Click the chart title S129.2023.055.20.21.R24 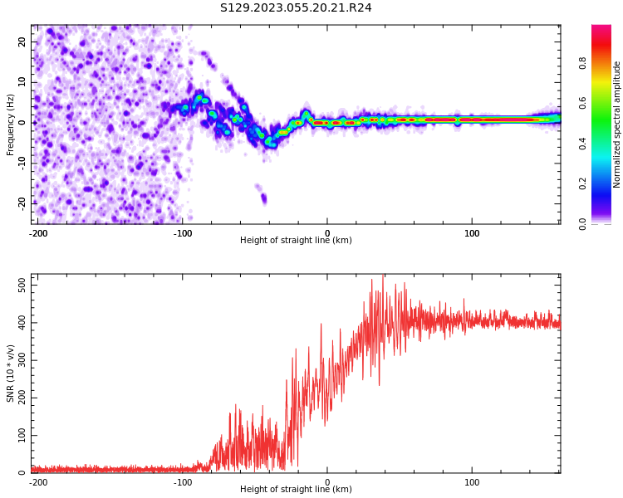(296, 7)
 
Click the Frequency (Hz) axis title (11, 124)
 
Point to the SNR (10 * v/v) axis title (11, 373)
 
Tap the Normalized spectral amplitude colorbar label (617, 124)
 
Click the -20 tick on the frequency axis (21, 203)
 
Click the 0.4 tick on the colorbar (582, 143)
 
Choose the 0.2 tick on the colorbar (582, 183)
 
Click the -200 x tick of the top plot (38, 233)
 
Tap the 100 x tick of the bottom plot (472, 482)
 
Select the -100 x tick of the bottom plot (182, 482)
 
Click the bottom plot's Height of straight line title (296, 490)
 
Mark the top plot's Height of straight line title (296, 241)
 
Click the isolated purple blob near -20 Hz (263, 198)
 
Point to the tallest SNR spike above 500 (383, 276)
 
